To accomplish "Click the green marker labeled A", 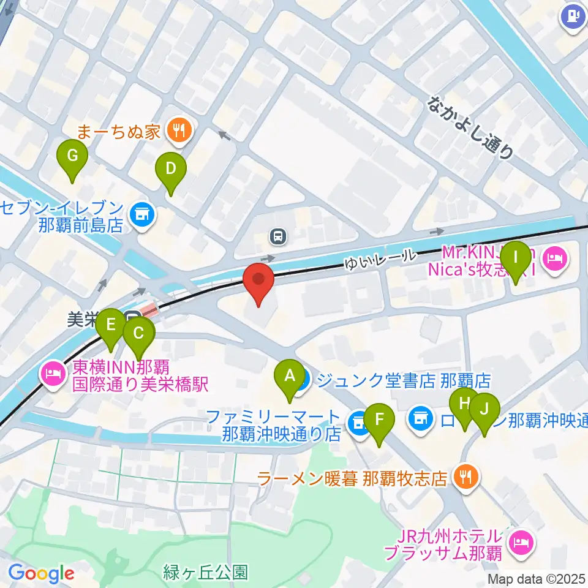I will [x=289, y=375].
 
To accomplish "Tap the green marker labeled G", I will [x=72, y=156].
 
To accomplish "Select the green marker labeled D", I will [x=170, y=168].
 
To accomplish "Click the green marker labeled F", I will [x=379, y=420].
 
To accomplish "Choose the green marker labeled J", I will [x=484, y=409].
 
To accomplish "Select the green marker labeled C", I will [x=139, y=334].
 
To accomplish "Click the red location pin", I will [x=258, y=281].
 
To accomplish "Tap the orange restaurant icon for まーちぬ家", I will [x=179, y=130].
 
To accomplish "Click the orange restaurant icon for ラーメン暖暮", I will [x=466, y=477].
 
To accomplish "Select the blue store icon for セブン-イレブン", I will [x=143, y=214].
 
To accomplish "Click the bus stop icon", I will [x=279, y=235].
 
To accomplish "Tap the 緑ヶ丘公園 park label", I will [x=206, y=573].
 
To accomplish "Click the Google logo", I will [x=41, y=574].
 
